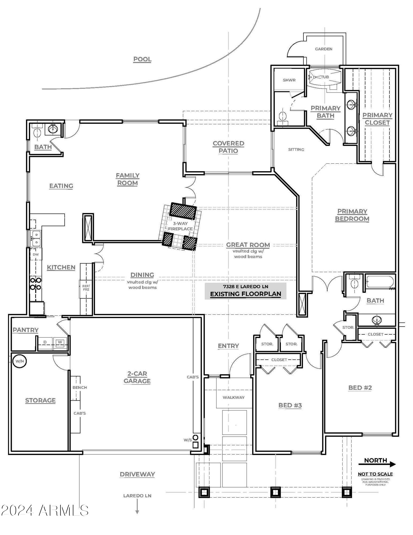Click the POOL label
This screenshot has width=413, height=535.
tap(142, 59)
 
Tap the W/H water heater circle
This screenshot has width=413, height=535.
tap(20, 361)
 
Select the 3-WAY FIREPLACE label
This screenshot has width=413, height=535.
tap(180, 226)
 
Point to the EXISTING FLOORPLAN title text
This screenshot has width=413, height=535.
tap(245, 294)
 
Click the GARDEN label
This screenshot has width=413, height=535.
tap(323, 49)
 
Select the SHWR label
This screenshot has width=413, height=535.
tap(289, 80)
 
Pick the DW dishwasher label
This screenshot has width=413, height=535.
tap(36, 254)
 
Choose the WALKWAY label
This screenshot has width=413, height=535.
tap(234, 398)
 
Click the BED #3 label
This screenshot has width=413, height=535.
tap(290, 405)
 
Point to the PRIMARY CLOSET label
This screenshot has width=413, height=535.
tap(377, 119)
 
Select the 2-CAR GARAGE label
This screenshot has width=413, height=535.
tap(137, 377)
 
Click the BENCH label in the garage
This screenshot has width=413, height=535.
tap(80, 387)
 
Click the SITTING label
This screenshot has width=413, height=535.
tap(296, 150)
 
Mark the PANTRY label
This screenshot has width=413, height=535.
tap(26, 330)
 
